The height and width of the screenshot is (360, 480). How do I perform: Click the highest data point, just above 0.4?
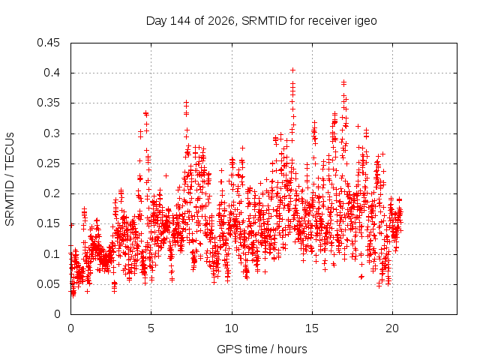pos(293,70)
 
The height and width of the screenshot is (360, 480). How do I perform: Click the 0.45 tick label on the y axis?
pos(48,43)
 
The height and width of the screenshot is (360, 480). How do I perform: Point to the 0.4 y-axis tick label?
pos(52,73)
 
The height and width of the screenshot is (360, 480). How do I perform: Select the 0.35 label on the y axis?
pos(48,103)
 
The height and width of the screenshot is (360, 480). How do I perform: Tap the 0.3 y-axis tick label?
pos(52,133)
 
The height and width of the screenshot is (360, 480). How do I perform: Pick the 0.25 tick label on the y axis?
pos(48,163)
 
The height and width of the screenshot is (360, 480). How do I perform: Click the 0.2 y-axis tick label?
pos(52,193)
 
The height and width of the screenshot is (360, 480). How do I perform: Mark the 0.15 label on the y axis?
pos(48,223)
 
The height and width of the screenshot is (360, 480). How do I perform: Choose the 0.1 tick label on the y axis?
pos(52,254)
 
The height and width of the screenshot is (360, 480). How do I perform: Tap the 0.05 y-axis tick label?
pos(48,284)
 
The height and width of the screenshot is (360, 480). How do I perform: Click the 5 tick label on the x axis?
pos(151,328)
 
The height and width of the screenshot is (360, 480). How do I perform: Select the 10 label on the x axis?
pos(232,328)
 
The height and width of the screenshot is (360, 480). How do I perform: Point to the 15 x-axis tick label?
pos(312,328)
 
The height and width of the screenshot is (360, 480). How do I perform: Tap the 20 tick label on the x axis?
pos(392,328)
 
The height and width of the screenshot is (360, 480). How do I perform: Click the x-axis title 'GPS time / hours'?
pos(262,349)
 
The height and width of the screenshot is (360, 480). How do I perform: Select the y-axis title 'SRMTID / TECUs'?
pos(10,179)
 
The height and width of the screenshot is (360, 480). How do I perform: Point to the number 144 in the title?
pos(181,21)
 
